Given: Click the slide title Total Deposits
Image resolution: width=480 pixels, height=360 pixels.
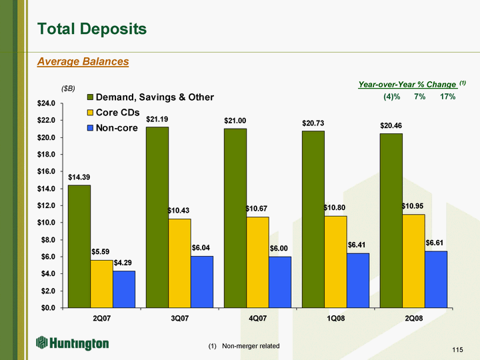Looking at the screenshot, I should (x=92, y=29).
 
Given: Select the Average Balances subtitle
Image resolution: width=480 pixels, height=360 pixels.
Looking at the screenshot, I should (x=83, y=61).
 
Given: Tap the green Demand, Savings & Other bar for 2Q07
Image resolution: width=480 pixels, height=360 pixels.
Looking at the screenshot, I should (x=79, y=246).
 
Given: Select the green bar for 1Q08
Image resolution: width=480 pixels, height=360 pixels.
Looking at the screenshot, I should (x=313, y=219).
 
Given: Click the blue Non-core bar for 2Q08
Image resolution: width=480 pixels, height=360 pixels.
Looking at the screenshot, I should (x=436, y=279).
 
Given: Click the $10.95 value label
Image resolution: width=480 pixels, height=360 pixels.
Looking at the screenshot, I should (x=413, y=206).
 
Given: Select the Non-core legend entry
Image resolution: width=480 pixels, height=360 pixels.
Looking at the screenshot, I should (x=113, y=127).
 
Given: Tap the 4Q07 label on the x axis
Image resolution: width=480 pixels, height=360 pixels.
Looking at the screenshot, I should (x=257, y=319).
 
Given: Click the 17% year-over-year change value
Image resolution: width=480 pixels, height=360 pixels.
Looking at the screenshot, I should (x=447, y=97).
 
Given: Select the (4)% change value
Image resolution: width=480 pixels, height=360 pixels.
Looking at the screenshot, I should (x=391, y=97).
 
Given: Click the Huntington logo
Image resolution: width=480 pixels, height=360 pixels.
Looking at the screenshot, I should (x=73, y=343).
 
